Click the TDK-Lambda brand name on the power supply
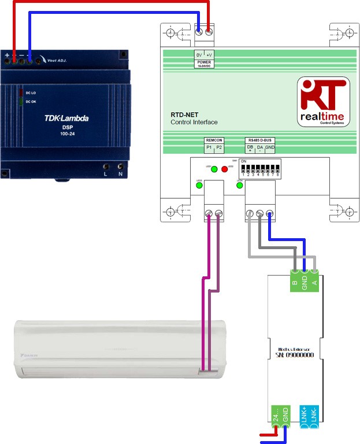coord(66,119)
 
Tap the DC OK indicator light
coord(21,102)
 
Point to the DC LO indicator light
coord(21,92)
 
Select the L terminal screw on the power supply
coord(106,166)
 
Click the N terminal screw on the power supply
coord(120,166)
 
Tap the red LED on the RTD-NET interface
coord(224,169)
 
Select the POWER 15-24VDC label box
coord(205,60)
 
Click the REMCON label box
coord(214,140)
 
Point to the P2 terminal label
coord(219,148)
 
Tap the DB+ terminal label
coord(250,149)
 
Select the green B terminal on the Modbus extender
coord(295,283)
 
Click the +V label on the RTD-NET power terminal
coord(209,54)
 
